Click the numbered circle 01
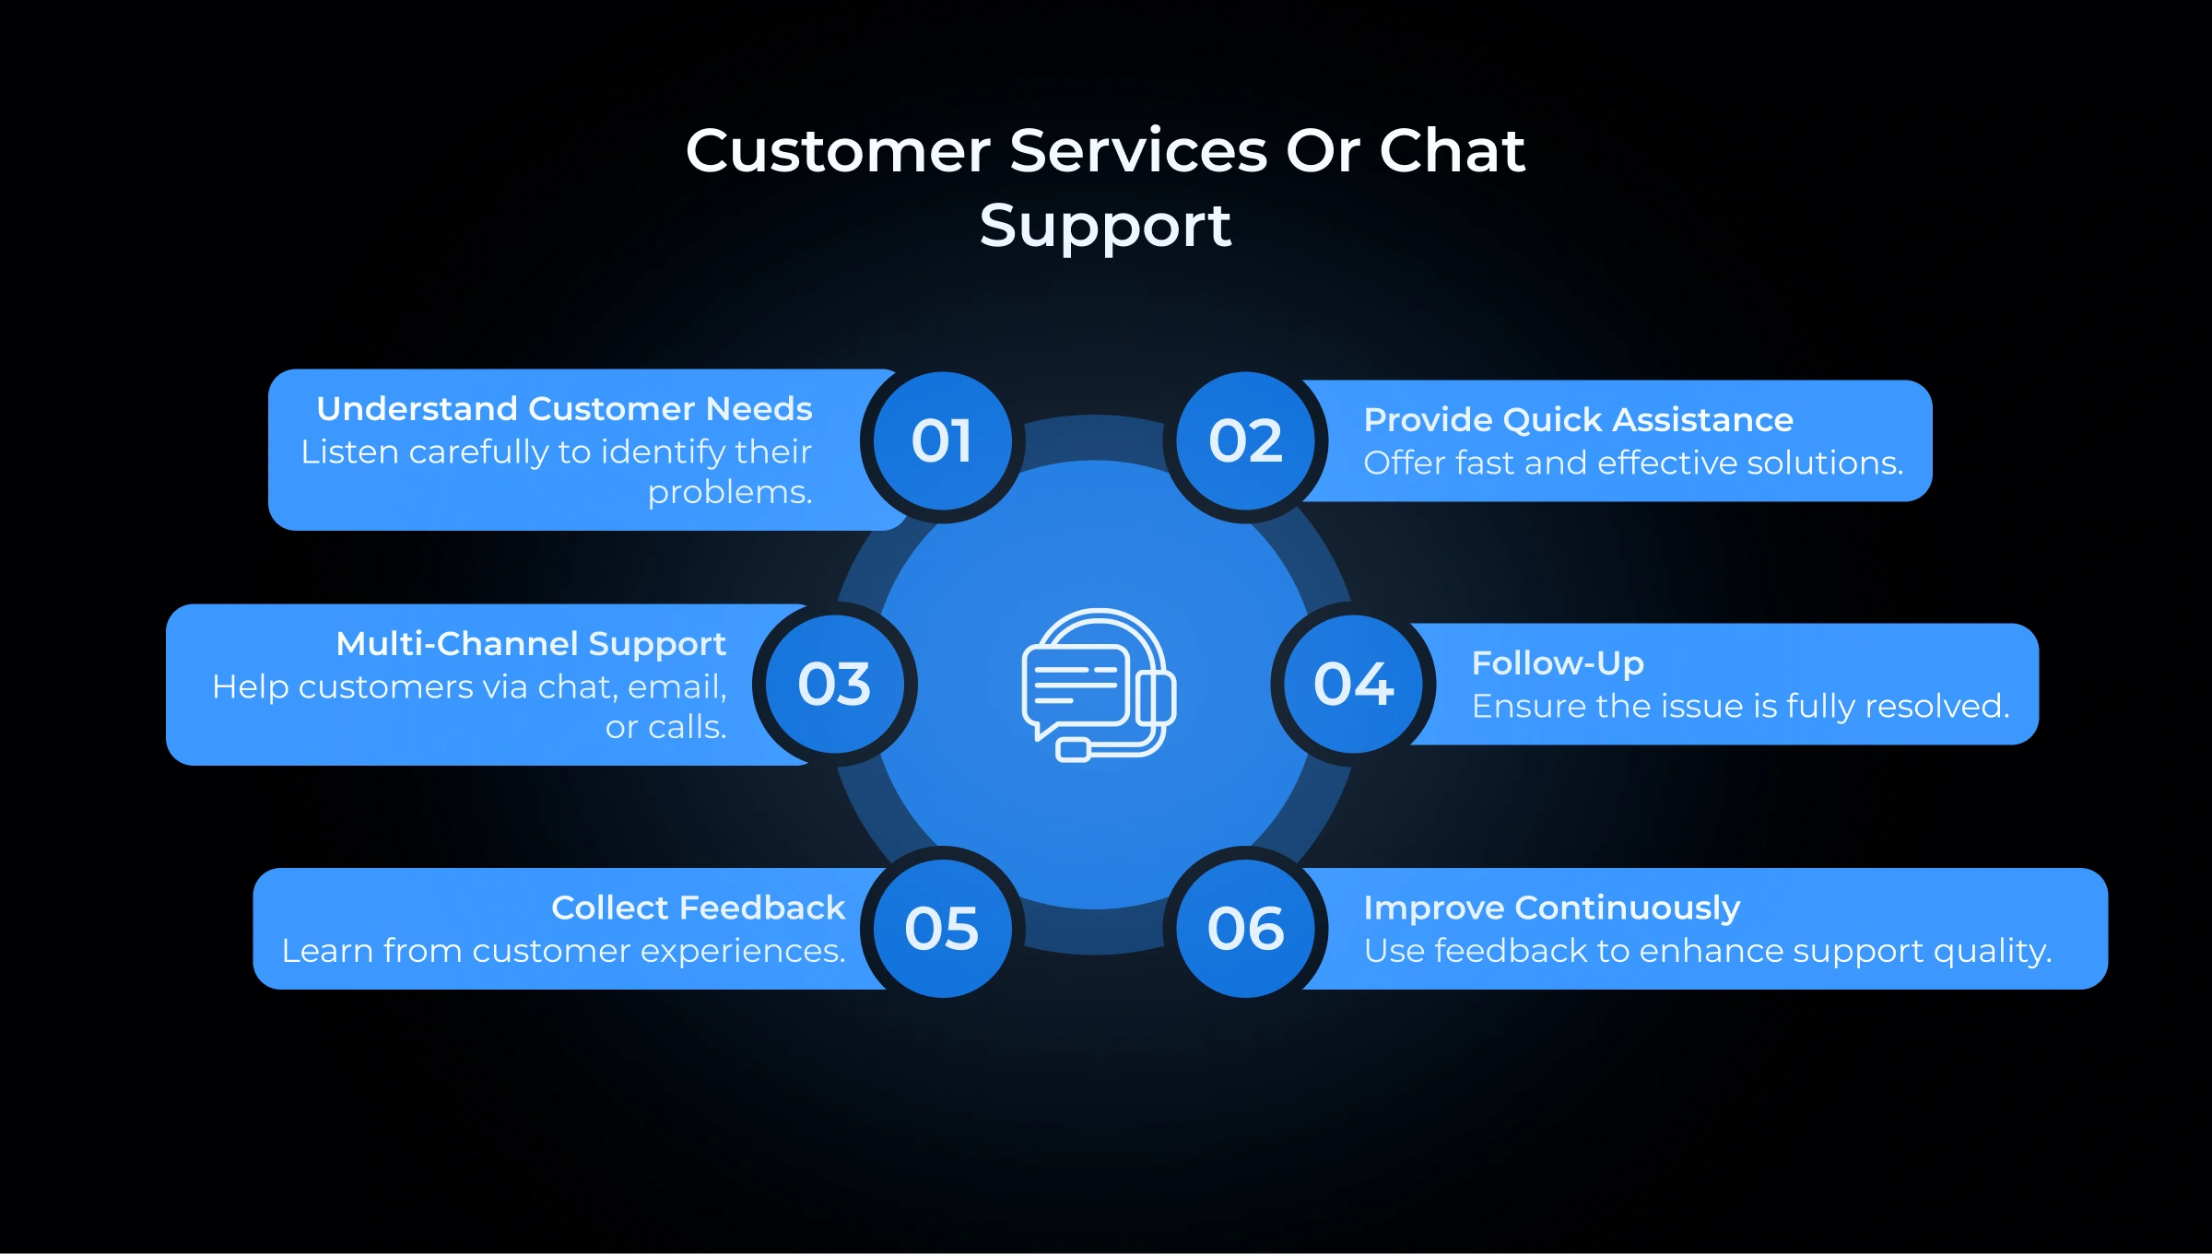[x=942, y=441]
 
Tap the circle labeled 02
[x=1245, y=441]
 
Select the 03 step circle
[x=834, y=685]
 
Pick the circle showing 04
[x=1353, y=685]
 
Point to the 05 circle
[x=942, y=928]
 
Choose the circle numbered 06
[x=1245, y=928]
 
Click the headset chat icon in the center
[x=1097, y=685]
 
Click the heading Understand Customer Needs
[x=564, y=409]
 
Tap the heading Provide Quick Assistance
[x=1578, y=420]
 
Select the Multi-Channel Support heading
[x=531, y=644]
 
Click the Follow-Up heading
[x=1558, y=663]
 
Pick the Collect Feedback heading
[x=698, y=908]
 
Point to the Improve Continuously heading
[x=1552, y=908]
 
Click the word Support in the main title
[x=1105, y=227]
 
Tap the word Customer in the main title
[x=838, y=151]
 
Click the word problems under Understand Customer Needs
[x=729, y=493]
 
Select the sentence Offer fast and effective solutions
[x=1633, y=463]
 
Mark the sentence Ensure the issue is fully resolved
[x=1740, y=707]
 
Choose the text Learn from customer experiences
[x=563, y=951]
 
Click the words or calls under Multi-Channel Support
[x=665, y=728]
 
